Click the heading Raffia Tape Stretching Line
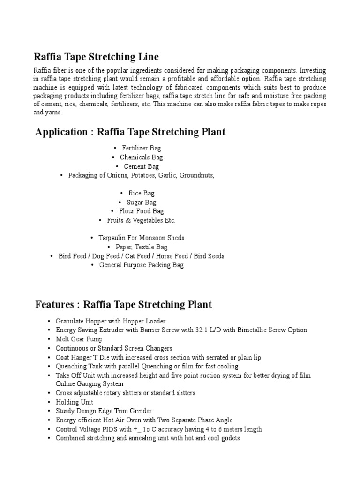[96, 57]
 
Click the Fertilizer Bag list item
[141, 149]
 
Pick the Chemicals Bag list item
[141, 157]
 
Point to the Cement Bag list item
[141, 166]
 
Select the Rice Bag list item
[141, 193]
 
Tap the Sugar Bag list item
[141, 202]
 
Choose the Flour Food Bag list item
[141, 211]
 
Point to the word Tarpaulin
[112, 238]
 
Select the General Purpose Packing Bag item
[141, 265]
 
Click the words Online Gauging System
[90, 384]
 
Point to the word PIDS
[113, 429]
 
